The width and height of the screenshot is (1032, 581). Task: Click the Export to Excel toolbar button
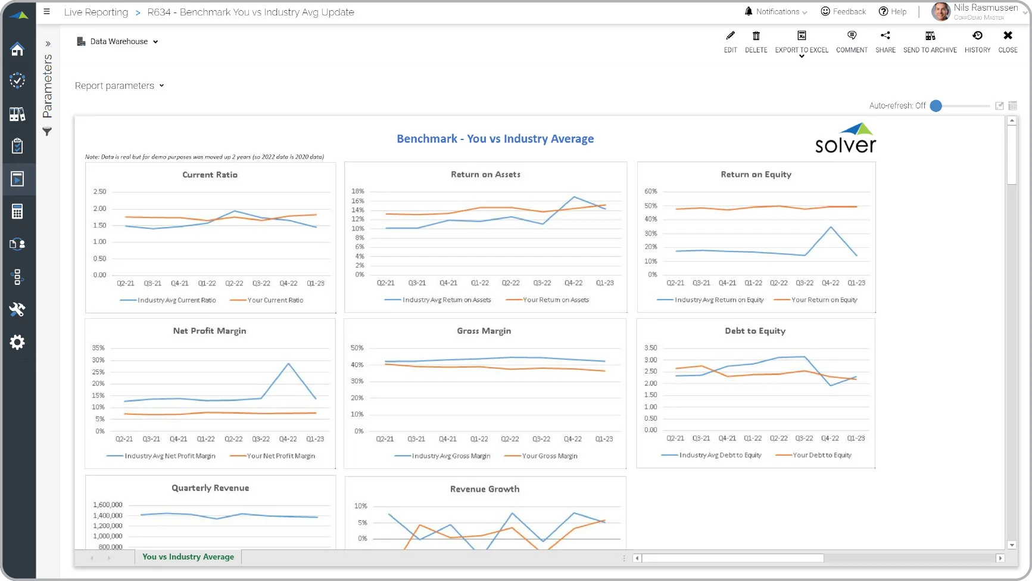802,42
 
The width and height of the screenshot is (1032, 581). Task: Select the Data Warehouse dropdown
118,42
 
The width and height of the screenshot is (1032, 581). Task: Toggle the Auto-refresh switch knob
936,106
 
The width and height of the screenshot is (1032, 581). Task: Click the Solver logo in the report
846,138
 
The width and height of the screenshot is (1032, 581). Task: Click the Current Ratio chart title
210,175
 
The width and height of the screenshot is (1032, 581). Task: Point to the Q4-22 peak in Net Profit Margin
289,363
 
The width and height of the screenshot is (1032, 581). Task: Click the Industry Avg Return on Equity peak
831,227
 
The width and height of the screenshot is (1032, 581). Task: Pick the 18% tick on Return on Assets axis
358,191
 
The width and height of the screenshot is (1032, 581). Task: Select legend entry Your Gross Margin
541,456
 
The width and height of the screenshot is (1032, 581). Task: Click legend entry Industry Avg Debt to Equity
712,455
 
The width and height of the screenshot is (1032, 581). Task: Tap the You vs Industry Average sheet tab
188,557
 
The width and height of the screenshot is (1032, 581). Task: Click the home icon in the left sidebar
17,49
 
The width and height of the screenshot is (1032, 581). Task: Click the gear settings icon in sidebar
17,342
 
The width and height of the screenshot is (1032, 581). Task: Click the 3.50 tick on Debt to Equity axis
651,348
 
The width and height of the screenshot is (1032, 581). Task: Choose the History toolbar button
977,42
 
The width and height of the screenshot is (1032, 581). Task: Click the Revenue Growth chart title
485,489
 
